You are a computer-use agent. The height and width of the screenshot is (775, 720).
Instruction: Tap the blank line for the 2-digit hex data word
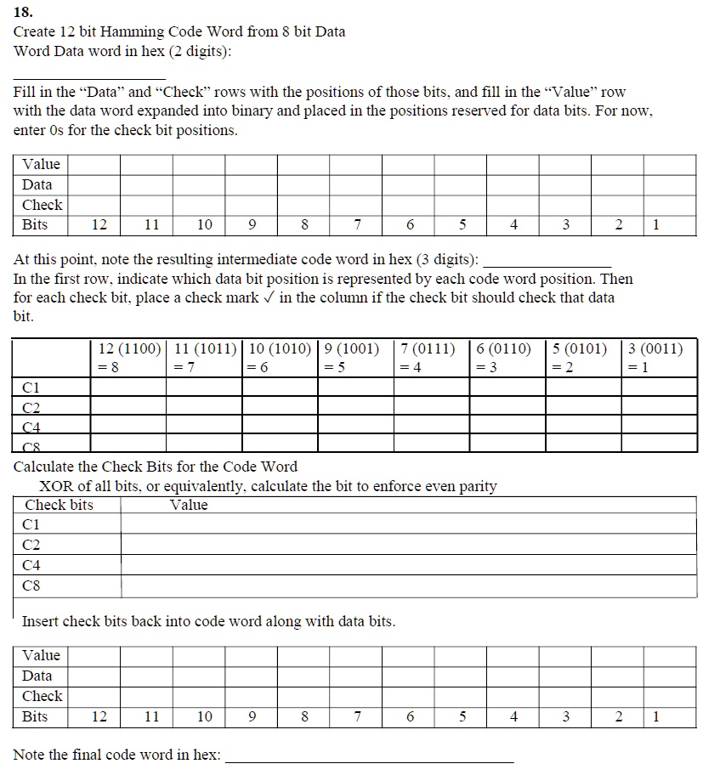coord(89,76)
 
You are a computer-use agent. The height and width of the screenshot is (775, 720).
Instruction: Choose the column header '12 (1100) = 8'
coord(128,357)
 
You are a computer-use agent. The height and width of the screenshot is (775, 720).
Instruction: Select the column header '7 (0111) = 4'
coord(432,357)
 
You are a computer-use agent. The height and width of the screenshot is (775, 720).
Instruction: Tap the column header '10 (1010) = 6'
coord(280,357)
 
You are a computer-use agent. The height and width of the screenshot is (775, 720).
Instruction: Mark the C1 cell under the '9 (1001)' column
coord(355,387)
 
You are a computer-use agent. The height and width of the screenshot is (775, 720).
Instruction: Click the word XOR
coord(56,486)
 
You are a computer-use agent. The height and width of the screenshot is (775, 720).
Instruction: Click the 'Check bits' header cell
coord(60,505)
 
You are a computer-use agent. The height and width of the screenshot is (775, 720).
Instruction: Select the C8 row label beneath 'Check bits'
coord(31,585)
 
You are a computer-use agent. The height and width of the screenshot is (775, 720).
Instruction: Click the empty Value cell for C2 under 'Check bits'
coord(408,545)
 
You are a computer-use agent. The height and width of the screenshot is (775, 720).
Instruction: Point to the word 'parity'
coord(478,486)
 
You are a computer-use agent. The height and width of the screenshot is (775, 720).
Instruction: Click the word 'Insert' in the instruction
coord(40,621)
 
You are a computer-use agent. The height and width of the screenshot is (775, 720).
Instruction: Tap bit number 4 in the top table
coord(513,225)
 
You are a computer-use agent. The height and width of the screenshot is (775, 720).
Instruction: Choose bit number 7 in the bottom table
coord(357,716)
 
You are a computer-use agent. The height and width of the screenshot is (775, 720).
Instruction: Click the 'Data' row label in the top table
coord(37,184)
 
